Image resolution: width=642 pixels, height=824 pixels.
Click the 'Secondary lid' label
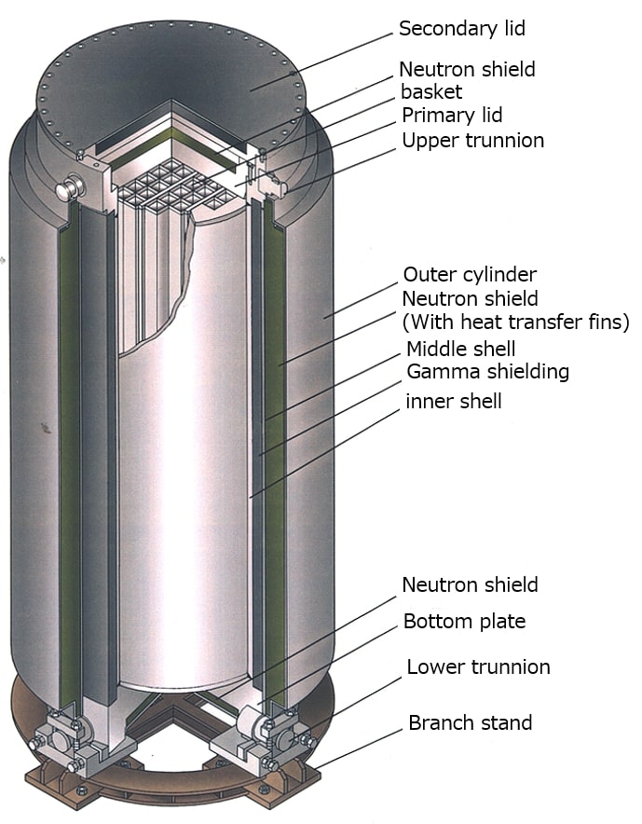(x=462, y=28)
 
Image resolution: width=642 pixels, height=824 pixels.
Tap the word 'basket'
(x=431, y=91)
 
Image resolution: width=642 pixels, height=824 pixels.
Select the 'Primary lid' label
(x=452, y=115)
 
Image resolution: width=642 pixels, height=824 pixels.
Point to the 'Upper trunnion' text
(x=472, y=141)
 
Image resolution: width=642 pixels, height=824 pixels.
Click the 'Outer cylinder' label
(x=470, y=274)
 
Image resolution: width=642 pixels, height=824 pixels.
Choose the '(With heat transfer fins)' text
(x=516, y=322)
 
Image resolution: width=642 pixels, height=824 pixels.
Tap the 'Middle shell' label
(x=460, y=349)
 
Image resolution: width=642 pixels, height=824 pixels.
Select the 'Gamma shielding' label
(x=488, y=372)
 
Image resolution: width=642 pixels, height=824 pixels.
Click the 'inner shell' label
(x=454, y=401)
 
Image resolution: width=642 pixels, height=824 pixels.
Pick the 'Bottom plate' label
(x=464, y=621)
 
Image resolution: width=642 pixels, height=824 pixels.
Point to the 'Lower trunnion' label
(x=478, y=666)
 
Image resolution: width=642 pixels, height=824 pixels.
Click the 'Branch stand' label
(x=471, y=722)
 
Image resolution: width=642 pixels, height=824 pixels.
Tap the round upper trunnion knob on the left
(x=67, y=187)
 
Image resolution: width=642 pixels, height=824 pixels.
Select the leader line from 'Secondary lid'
(x=321, y=62)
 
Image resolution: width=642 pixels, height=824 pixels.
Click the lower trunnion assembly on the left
(x=61, y=738)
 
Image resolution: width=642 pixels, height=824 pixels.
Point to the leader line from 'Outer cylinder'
(x=360, y=300)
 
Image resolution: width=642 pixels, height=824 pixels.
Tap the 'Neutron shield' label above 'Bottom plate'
(x=470, y=584)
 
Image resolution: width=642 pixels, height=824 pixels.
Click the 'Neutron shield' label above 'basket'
(x=467, y=69)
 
